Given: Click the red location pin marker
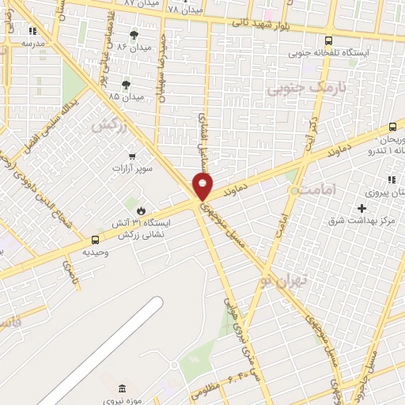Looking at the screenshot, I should (x=203, y=187).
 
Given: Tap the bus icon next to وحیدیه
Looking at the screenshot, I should (x=96, y=240).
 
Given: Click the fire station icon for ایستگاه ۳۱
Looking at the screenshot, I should (x=141, y=211).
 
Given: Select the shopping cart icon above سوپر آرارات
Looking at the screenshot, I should (x=131, y=156).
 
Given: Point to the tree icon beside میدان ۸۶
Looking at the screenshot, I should (x=133, y=35).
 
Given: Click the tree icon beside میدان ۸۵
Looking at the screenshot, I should (x=126, y=84).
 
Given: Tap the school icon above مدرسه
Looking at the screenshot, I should (x=32, y=31).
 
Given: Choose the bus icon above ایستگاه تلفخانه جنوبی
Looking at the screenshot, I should (x=328, y=40).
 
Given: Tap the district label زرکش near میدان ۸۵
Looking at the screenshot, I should (x=109, y=125).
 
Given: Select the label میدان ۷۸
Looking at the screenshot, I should (x=186, y=9).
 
